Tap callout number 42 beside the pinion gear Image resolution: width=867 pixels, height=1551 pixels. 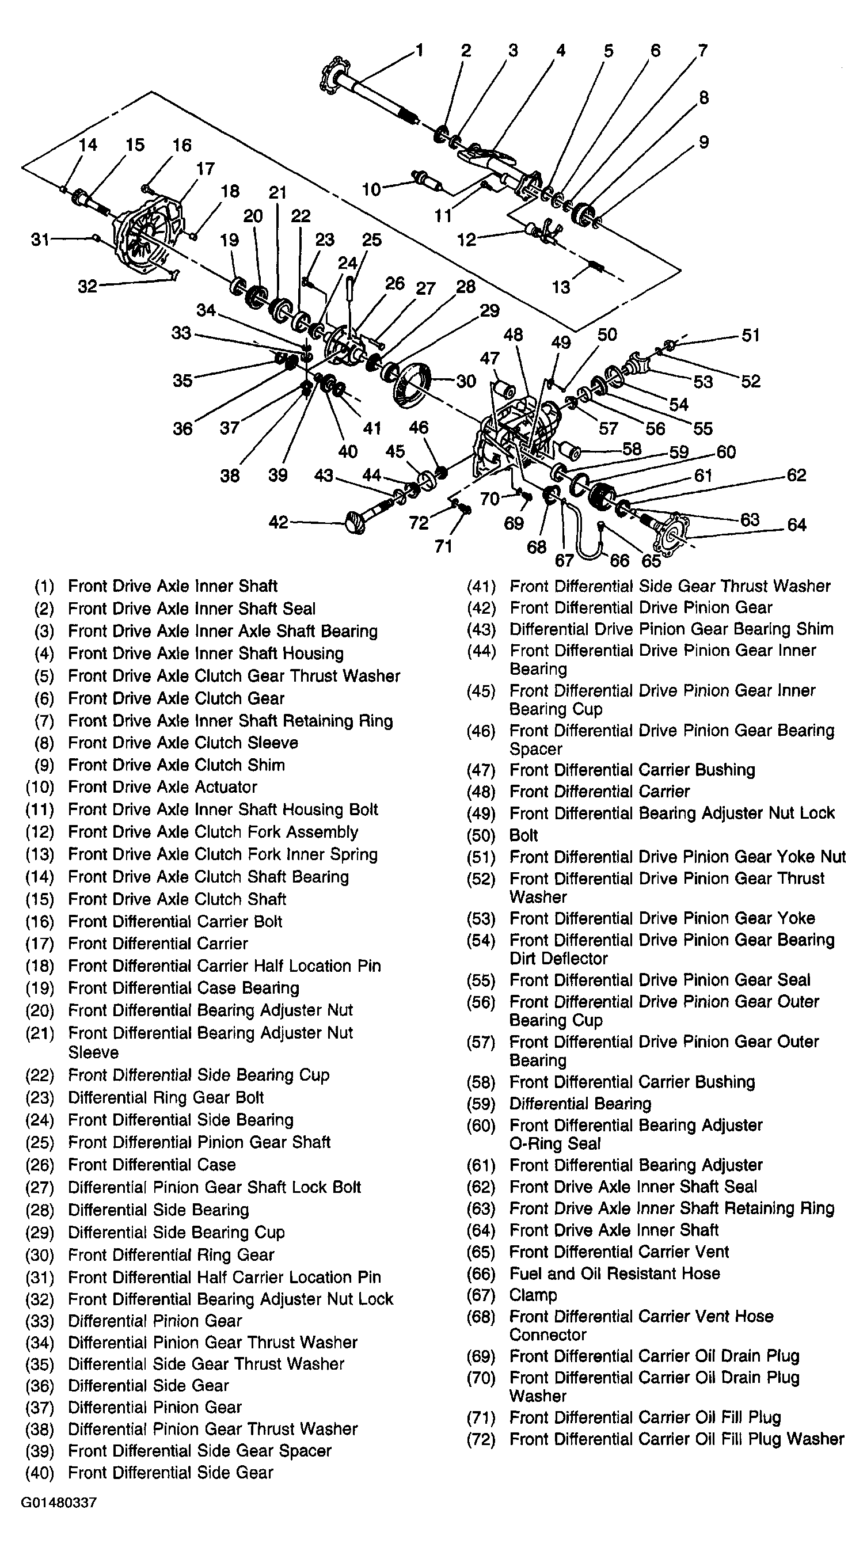(278, 522)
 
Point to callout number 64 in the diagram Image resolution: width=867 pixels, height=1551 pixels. (796, 525)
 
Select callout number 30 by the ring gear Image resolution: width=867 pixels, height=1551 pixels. (466, 381)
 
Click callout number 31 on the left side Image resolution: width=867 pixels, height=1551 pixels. (40, 240)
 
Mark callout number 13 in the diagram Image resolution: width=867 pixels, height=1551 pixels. (561, 287)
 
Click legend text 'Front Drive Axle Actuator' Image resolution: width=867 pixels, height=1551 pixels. (162, 787)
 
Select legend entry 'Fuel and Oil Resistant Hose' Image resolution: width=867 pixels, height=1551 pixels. (614, 1274)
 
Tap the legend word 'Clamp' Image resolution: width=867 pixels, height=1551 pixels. (533, 1294)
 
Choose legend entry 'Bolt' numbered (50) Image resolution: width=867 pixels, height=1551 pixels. (523, 835)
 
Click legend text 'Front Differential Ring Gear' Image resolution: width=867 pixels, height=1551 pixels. (171, 1255)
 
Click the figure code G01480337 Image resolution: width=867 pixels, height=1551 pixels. (59, 1502)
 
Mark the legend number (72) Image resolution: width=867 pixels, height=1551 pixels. (481, 1439)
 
